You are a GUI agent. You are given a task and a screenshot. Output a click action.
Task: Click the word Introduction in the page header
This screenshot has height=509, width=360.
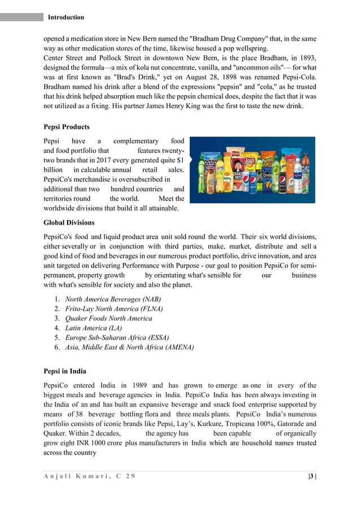pos(66,17)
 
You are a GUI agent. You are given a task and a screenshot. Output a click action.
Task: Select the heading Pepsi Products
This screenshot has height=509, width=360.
pos(66,127)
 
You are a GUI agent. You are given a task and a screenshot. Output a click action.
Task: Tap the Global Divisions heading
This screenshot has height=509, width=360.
pos(69,222)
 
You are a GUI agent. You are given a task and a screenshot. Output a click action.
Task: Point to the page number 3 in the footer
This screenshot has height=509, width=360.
pos(311,475)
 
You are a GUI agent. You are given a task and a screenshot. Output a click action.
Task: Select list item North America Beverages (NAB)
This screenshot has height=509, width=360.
pos(113,299)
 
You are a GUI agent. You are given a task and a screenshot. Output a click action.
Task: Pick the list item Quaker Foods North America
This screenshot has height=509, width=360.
pos(108,318)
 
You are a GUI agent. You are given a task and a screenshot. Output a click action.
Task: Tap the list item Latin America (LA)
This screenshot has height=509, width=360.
pos(93,328)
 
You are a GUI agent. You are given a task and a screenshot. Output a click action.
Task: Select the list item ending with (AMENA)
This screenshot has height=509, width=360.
pos(129,347)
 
